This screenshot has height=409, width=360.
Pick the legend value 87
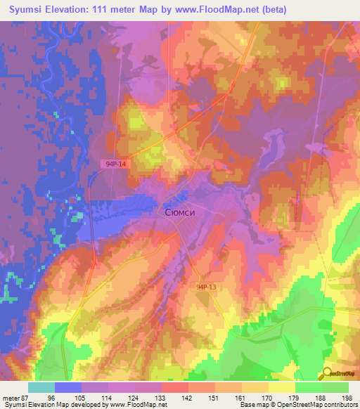[27, 397]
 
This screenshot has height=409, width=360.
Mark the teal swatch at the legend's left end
[41, 387]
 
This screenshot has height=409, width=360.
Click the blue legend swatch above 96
[67, 387]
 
